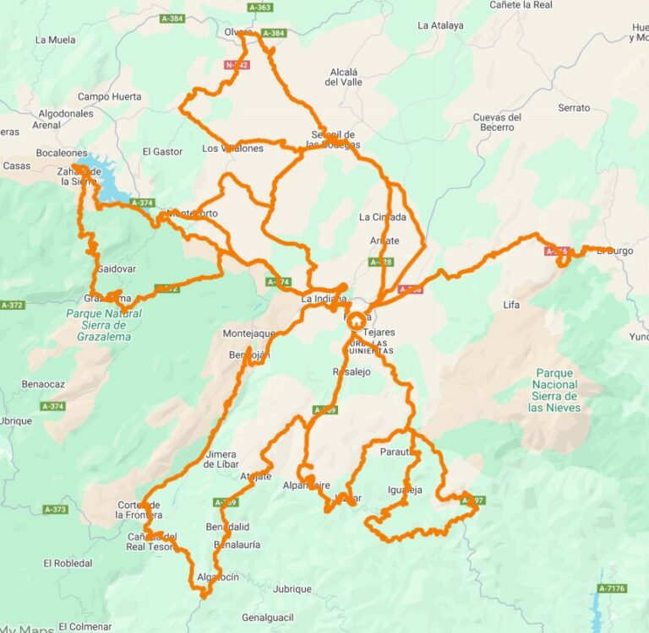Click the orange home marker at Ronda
click(x=356, y=321)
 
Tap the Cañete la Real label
click(x=521, y=5)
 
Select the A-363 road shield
click(x=259, y=8)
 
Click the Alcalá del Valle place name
click(x=344, y=77)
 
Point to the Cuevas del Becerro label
click(x=497, y=122)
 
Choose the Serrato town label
click(x=574, y=108)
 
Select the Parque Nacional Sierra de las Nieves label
click(x=555, y=390)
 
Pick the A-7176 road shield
click(x=612, y=588)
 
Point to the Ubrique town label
click(x=15, y=420)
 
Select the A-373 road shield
click(x=55, y=510)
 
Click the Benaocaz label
click(x=43, y=384)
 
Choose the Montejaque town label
click(x=249, y=334)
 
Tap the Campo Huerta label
click(x=109, y=97)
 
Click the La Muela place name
click(x=55, y=40)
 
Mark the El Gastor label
click(x=162, y=152)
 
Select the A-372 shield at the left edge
click(x=13, y=305)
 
